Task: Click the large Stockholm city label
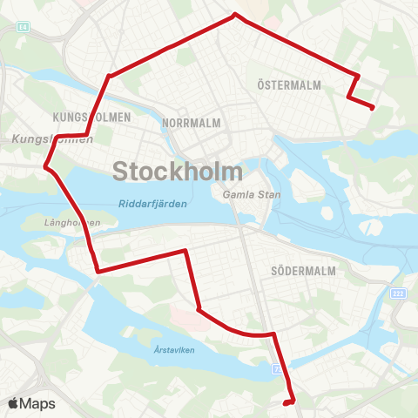[178, 170]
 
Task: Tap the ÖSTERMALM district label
[290, 85]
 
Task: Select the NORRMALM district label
[192, 124]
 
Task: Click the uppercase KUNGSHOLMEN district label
[91, 117]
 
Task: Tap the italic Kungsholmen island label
[52, 139]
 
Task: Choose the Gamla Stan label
[252, 194]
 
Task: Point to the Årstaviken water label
[172, 350]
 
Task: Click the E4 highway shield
[22, 28]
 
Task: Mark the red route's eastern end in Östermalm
[373, 108]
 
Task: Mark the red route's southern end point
[287, 403]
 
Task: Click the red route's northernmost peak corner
[234, 14]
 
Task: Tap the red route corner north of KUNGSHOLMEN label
[109, 77]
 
